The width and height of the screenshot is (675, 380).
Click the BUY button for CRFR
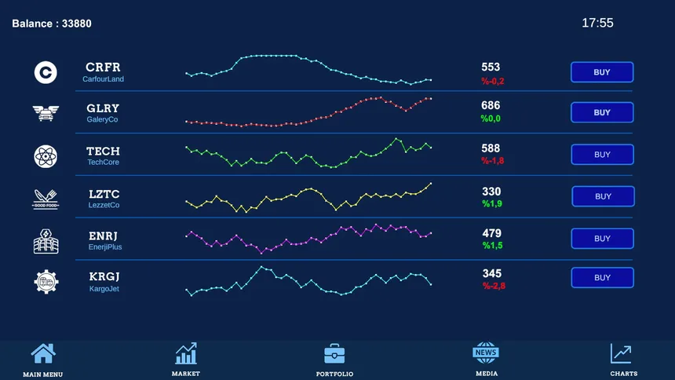(x=601, y=72)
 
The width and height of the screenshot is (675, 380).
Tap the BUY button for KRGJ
(x=601, y=278)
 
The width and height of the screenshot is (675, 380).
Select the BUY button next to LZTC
(x=602, y=196)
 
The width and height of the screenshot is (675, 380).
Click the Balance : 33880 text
(x=52, y=24)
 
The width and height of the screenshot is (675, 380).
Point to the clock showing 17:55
(x=597, y=24)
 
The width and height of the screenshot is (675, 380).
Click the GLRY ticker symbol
(x=103, y=108)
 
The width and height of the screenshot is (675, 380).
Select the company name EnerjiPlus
(x=105, y=247)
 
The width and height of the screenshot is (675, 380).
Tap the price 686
(x=491, y=105)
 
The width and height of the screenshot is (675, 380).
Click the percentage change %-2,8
(x=494, y=286)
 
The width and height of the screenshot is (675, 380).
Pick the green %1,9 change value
(x=492, y=204)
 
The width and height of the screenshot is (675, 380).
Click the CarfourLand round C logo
(x=46, y=72)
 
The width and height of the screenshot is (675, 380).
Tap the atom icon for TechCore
(x=46, y=156)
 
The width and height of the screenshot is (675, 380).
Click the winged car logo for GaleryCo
(x=46, y=114)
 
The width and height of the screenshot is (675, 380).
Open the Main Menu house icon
(x=43, y=355)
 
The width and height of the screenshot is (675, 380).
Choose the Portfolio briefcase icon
(x=334, y=355)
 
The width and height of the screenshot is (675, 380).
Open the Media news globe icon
(x=486, y=353)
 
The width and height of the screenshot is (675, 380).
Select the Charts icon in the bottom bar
(x=622, y=355)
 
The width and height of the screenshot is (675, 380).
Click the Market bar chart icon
(x=186, y=354)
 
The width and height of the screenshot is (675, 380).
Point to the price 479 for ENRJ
(x=492, y=233)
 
